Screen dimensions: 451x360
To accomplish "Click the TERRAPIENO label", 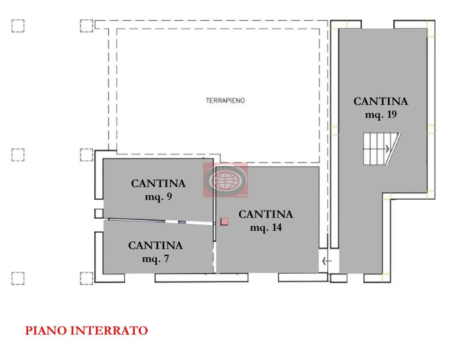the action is (x=225, y=100).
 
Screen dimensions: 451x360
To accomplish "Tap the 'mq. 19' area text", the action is (x=381, y=115).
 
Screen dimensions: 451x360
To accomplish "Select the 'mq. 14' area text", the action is (x=266, y=228).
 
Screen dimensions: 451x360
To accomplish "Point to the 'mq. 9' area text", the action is (x=158, y=197).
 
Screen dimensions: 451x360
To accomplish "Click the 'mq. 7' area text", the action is (x=155, y=259).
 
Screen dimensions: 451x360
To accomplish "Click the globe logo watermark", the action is (x=225, y=180).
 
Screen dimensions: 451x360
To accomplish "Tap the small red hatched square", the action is (x=224, y=221).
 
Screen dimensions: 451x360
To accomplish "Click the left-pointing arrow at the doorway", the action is (x=327, y=261).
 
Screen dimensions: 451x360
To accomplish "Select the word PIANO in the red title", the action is (x=46, y=330).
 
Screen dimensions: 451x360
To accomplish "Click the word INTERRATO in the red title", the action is (x=109, y=330).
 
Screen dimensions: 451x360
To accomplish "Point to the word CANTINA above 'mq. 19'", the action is (x=381, y=101).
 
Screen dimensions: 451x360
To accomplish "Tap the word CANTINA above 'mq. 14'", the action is (x=266, y=215).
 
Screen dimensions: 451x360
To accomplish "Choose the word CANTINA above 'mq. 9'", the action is (x=158, y=184).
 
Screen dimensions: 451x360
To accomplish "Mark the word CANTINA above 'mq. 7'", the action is (x=155, y=245).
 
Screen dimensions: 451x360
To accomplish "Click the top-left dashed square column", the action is (x=18, y=26).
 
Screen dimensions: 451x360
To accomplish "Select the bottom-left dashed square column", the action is (x=18, y=278).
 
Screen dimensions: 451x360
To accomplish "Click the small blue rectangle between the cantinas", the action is (x=182, y=222).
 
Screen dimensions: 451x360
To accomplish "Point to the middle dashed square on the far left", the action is (x=18, y=155).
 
